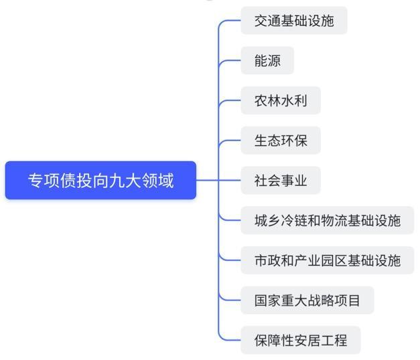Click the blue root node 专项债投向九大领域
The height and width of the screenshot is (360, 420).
click(x=100, y=180)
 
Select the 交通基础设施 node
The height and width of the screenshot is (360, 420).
click(x=293, y=21)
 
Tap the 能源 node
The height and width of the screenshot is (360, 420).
click(x=267, y=61)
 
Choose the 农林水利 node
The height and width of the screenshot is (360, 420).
click(x=280, y=100)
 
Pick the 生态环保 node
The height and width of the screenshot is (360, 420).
click(x=280, y=141)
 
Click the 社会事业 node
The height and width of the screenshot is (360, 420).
click(x=280, y=180)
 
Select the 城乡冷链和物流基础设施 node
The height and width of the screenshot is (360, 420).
click(x=327, y=220)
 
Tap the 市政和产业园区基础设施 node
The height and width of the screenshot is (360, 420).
click(x=327, y=260)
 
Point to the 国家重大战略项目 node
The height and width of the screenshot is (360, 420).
click(x=307, y=300)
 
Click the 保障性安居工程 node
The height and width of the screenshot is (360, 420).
click(x=300, y=340)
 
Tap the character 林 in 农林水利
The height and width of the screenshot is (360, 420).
click(x=274, y=100)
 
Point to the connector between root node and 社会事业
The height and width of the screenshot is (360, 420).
click(x=218, y=180)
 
